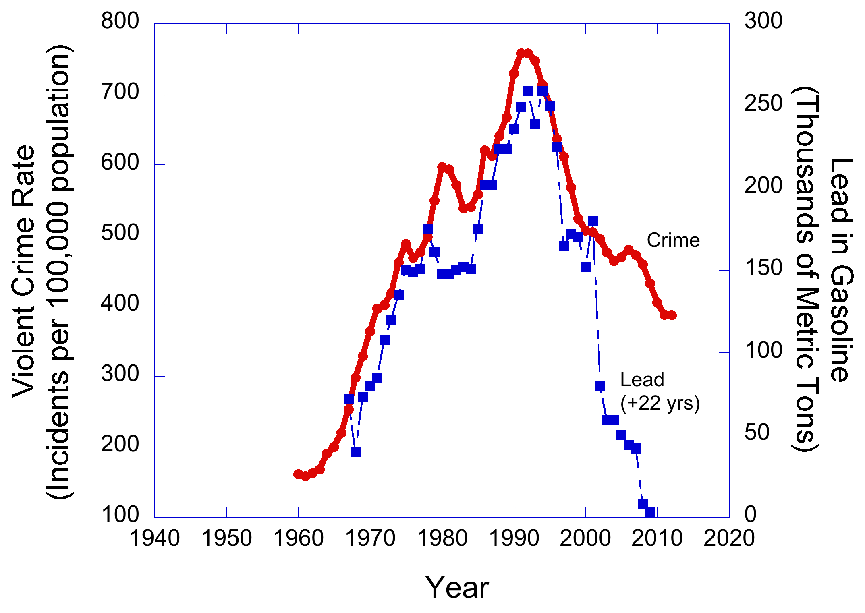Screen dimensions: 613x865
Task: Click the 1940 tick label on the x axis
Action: (155, 538)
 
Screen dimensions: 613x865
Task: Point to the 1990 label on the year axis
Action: (514, 538)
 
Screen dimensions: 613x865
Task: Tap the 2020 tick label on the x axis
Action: (729, 538)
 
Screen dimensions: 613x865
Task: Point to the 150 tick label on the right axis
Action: (763, 268)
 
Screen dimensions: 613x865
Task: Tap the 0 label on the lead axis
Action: (751, 514)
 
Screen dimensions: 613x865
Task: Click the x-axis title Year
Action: (457, 588)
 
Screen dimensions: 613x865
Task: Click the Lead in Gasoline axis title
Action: (841, 270)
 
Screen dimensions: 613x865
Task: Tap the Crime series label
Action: (673, 240)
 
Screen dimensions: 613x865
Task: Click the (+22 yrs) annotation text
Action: (660, 403)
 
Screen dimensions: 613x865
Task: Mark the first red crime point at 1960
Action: (298, 474)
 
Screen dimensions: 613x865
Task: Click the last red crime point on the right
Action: (672, 315)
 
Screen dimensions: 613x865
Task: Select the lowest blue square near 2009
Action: (650, 512)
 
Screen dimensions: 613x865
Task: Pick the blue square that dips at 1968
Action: (355, 451)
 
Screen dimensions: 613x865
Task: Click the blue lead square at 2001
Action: (593, 222)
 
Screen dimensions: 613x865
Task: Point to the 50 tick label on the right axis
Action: (757, 433)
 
